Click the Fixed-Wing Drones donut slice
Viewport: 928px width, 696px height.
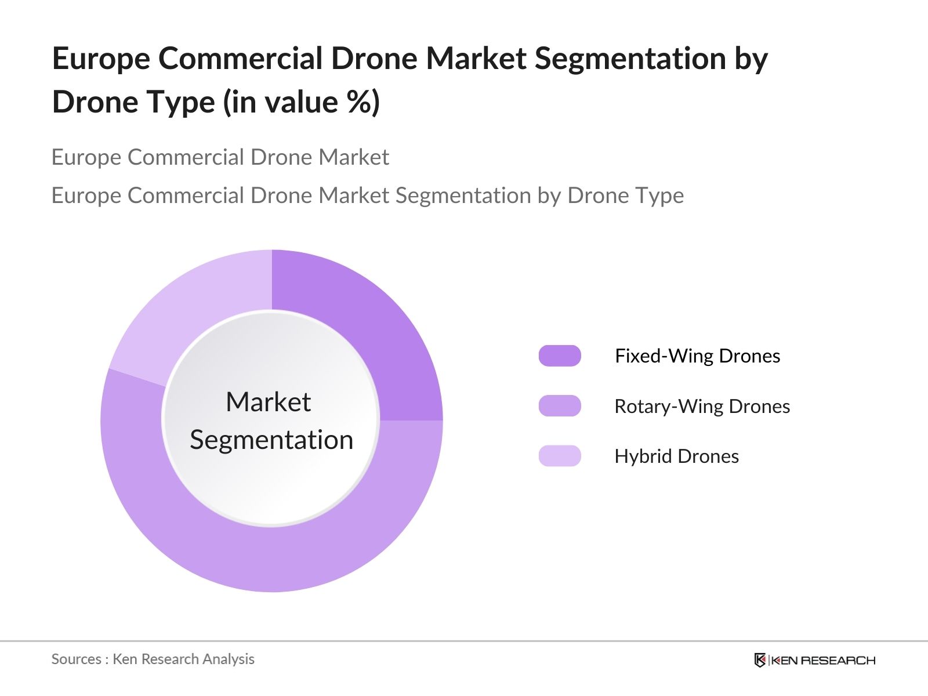(371, 325)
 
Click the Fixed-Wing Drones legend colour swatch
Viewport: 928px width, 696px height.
(560, 356)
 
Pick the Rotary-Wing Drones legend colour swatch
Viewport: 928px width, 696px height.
(560, 406)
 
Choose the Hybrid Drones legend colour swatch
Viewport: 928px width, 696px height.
(560, 456)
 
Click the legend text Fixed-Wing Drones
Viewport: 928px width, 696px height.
(697, 356)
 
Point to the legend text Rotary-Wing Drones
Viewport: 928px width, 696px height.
(702, 406)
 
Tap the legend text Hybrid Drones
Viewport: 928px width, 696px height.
(676, 456)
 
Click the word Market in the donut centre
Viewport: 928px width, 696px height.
(268, 402)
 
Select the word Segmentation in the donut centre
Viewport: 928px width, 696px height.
(271, 440)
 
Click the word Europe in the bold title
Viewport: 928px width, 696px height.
(100, 59)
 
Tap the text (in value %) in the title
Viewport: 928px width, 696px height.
(302, 102)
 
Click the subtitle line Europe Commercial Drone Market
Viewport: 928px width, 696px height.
(220, 157)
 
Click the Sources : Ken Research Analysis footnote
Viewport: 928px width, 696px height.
(153, 659)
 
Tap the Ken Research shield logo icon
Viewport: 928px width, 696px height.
(760, 660)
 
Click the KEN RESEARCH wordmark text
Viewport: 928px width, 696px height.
(823, 660)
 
